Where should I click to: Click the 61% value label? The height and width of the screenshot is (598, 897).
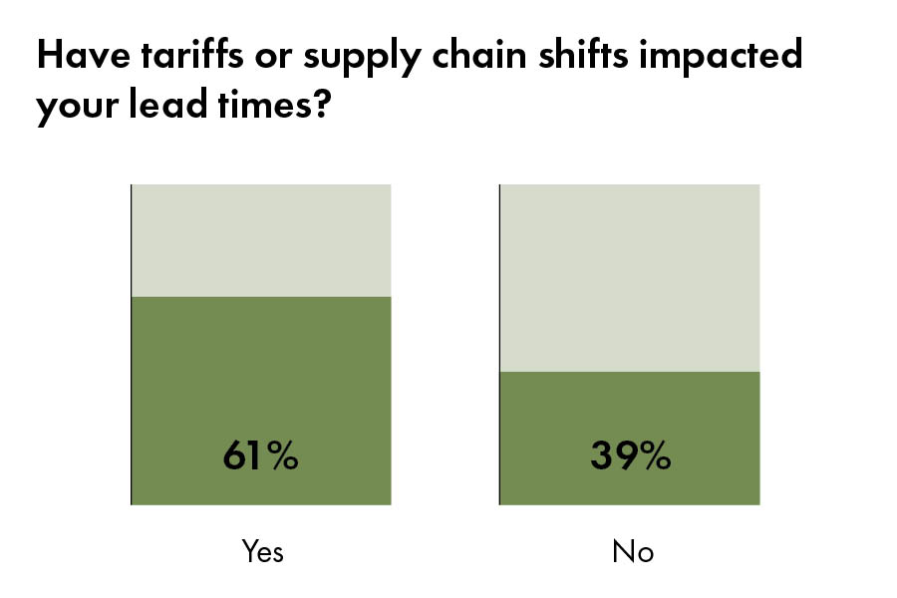tap(260, 455)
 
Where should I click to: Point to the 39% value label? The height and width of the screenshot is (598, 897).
tap(630, 455)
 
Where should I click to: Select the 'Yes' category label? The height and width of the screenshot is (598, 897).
tap(263, 551)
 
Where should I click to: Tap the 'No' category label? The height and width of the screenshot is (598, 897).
tap(633, 551)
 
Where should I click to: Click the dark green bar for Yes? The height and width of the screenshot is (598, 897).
tap(261, 379)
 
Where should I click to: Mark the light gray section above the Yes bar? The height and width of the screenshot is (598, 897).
tap(261, 239)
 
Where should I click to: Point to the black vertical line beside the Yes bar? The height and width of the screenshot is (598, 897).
tap(132, 344)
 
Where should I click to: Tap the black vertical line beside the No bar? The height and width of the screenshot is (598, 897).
tap(499, 344)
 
